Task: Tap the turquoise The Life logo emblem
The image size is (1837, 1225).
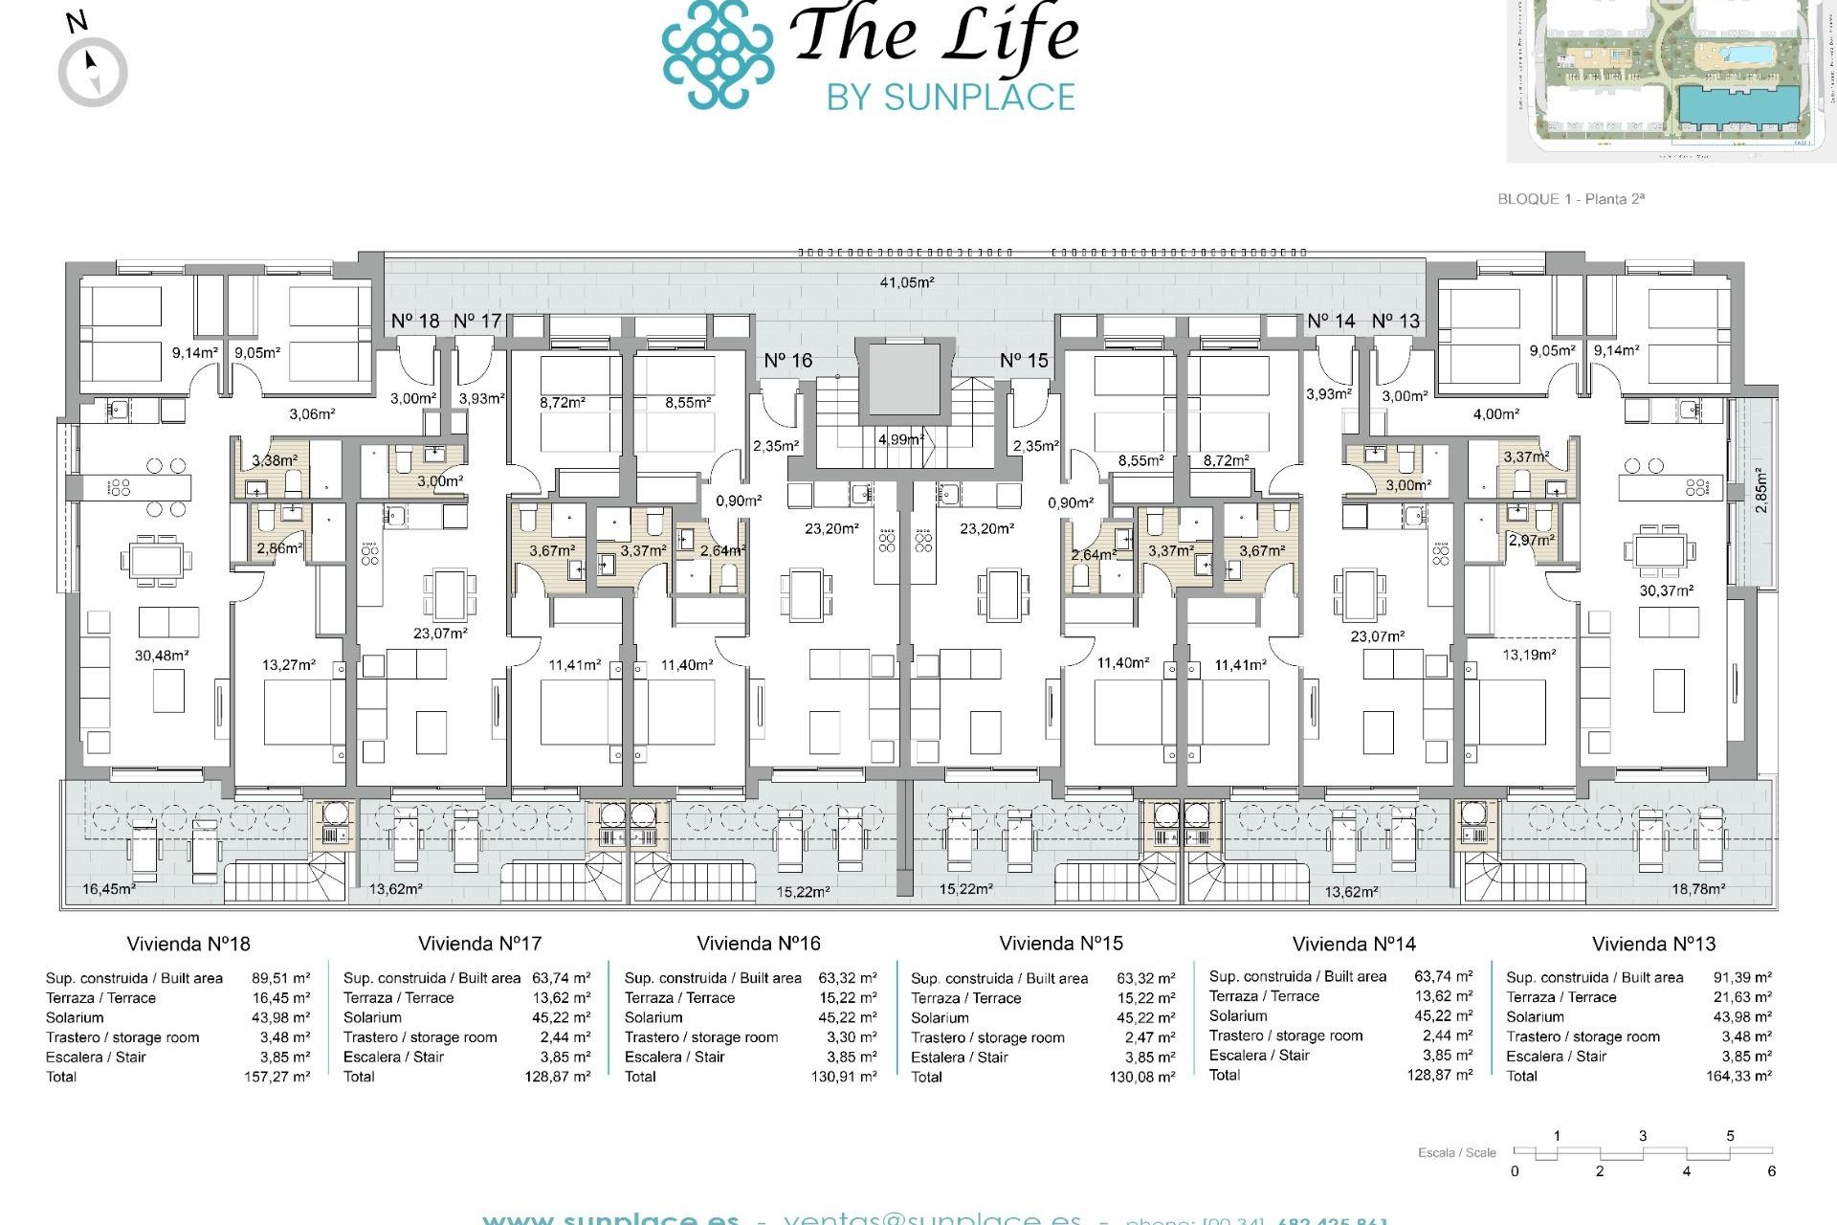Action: point(718,55)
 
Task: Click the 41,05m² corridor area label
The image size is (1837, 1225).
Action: point(906,282)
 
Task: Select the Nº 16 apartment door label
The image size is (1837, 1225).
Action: point(787,361)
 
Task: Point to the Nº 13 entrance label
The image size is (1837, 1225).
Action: point(1395,322)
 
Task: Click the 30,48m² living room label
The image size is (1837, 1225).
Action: point(161,656)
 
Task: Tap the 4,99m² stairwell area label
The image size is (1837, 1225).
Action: point(900,439)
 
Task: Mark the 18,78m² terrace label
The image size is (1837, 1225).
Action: point(1697,889)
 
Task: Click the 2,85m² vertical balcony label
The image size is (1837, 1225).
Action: point(1761,490)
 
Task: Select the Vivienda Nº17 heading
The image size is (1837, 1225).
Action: point(479,944)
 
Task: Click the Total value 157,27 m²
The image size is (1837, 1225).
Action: point(277,1077)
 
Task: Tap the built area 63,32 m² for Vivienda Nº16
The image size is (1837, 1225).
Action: point(847,978)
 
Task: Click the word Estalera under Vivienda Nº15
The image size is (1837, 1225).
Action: point(938,1058)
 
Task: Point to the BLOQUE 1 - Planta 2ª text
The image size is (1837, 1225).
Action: point(1570,199)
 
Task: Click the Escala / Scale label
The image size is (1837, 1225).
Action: point(1456,1152)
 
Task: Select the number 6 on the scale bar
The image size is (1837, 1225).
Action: point(1771,1171)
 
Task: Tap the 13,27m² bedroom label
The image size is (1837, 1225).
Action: point(288,665)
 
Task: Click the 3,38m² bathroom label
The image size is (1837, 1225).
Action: point(275,460)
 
